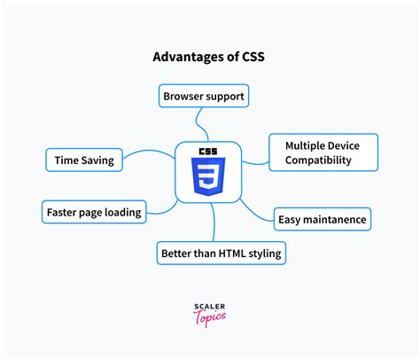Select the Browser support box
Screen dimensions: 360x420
203,95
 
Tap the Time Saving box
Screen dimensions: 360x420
84,160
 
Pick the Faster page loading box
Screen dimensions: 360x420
92,212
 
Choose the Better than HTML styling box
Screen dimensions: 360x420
221,254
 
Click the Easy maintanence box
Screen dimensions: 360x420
322,219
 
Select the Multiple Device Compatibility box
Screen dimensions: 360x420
323,153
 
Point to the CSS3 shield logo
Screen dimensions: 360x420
209,172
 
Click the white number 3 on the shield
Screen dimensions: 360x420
209,177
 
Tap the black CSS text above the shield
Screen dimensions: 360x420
209,150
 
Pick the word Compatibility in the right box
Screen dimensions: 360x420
318,160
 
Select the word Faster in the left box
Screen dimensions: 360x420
64,212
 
